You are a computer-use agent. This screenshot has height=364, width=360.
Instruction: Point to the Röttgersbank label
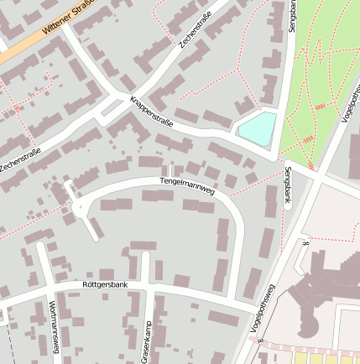[106, 285]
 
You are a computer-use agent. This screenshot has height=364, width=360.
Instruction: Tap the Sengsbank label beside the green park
[293, 17]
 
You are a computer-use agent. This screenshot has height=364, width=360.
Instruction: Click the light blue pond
[257, 128]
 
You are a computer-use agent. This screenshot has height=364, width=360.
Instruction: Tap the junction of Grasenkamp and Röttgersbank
[145, 288]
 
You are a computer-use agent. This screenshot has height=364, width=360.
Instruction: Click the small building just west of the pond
[243, 106]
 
